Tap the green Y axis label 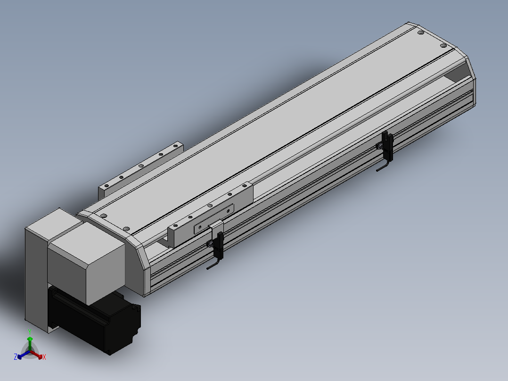[x=30, y=332]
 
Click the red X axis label [x=44, y=357]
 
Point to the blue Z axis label [x=15, y=357]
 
